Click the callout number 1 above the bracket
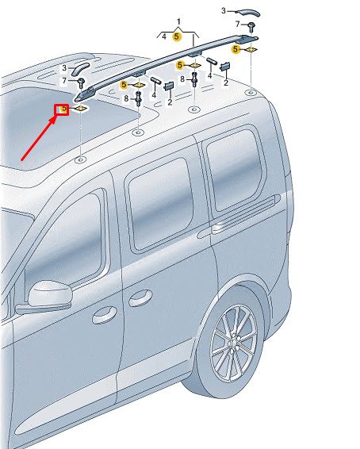click(x=178, y=21)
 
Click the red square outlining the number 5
click(x=62, y=109)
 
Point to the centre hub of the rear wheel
click(x=233, y=342)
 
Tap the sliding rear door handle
click(x=140, y=297)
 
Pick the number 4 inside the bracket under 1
click(x=164, y=36)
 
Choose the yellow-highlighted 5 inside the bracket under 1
click(x=177, y=36)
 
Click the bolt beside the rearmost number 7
click(x=251, y=27)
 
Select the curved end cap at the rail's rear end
click(x=248, y=13)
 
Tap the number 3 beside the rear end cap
click(x=224, y=11)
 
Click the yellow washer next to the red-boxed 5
click(x=80, y=108)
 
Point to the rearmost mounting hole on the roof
click(x=251, y=92)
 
